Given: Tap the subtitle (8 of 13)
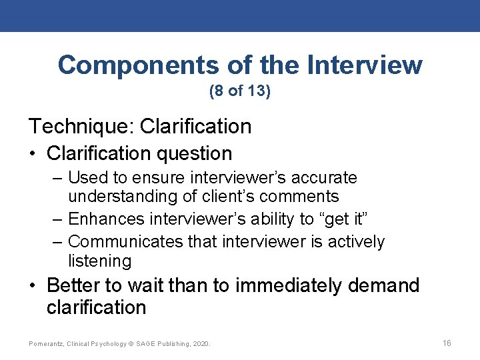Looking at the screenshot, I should [240, 91].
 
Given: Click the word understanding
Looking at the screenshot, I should [123, 197].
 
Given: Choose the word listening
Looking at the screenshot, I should [100, 261].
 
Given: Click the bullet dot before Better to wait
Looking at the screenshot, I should [33, 287].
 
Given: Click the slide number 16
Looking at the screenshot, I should [447, 343].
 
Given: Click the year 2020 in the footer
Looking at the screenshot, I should [200, 344].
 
